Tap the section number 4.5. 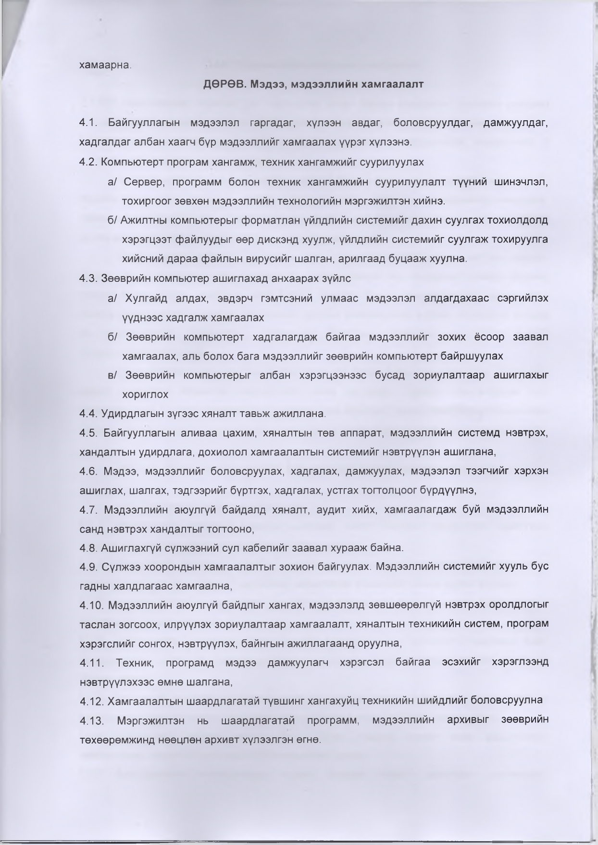click(88, 433)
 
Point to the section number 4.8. click(88, 548)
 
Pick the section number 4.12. click(91, 701)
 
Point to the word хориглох click(145, 394)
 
